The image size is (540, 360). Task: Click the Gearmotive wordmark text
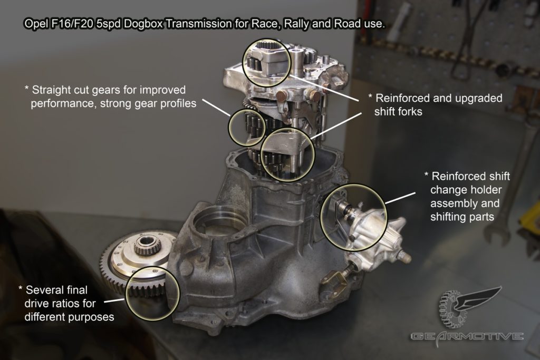pyautogui.click(x=467, y=336)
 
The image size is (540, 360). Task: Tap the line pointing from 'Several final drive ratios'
pyautogui.click(x=114, y=300)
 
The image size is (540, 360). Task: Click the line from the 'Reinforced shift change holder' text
pyautogui.click(x=401, y=198)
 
